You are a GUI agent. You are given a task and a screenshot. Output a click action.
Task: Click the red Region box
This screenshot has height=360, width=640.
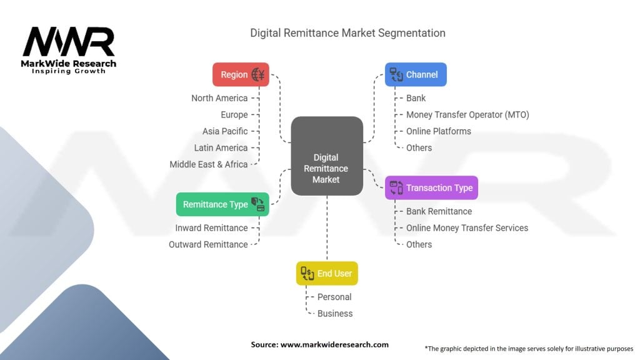(241, 74)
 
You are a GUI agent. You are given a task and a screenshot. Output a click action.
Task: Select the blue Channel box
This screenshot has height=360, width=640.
(416, 74)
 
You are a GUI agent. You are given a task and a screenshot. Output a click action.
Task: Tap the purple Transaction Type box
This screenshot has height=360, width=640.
(431, 187)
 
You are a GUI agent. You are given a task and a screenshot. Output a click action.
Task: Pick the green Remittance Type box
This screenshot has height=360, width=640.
(223, 204)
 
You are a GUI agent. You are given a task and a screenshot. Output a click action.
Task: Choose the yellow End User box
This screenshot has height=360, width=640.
(327, 273)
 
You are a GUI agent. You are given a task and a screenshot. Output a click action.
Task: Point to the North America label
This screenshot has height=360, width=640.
(219, 98)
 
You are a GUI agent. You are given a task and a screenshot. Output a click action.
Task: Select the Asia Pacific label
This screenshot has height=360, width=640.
(225, 131)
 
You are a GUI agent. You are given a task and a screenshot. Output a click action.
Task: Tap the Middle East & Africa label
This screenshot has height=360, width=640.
(209, 164)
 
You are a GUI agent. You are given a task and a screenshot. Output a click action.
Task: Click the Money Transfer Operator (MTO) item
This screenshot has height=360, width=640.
(467, 114)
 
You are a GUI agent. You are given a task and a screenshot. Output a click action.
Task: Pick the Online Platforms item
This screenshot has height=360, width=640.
(439, 131)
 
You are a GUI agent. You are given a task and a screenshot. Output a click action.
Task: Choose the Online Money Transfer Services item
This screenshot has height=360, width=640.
(467, 227)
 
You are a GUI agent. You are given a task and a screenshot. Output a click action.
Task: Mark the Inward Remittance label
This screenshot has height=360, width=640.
(211, 227)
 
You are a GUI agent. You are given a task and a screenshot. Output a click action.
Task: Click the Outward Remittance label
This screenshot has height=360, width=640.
(208, 244)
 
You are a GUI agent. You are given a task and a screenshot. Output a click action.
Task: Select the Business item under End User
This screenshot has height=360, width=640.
(335, 313)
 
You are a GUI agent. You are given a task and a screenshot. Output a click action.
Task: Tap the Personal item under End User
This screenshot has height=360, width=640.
(334, 297)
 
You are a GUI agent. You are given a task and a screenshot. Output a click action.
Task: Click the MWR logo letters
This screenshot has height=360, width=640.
(69, 42)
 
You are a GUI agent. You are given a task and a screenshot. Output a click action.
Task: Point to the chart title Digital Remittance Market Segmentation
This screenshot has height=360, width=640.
(348, 32)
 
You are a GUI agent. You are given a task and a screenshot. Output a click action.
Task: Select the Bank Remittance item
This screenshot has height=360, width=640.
(439, 211)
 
